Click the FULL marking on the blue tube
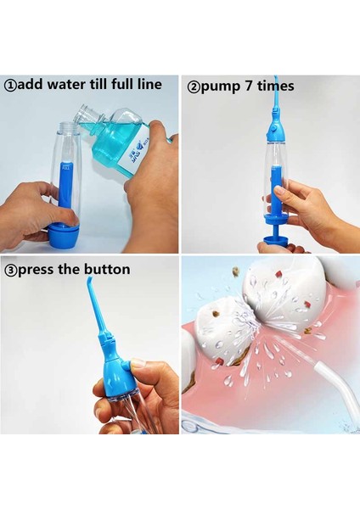(62, 179)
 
